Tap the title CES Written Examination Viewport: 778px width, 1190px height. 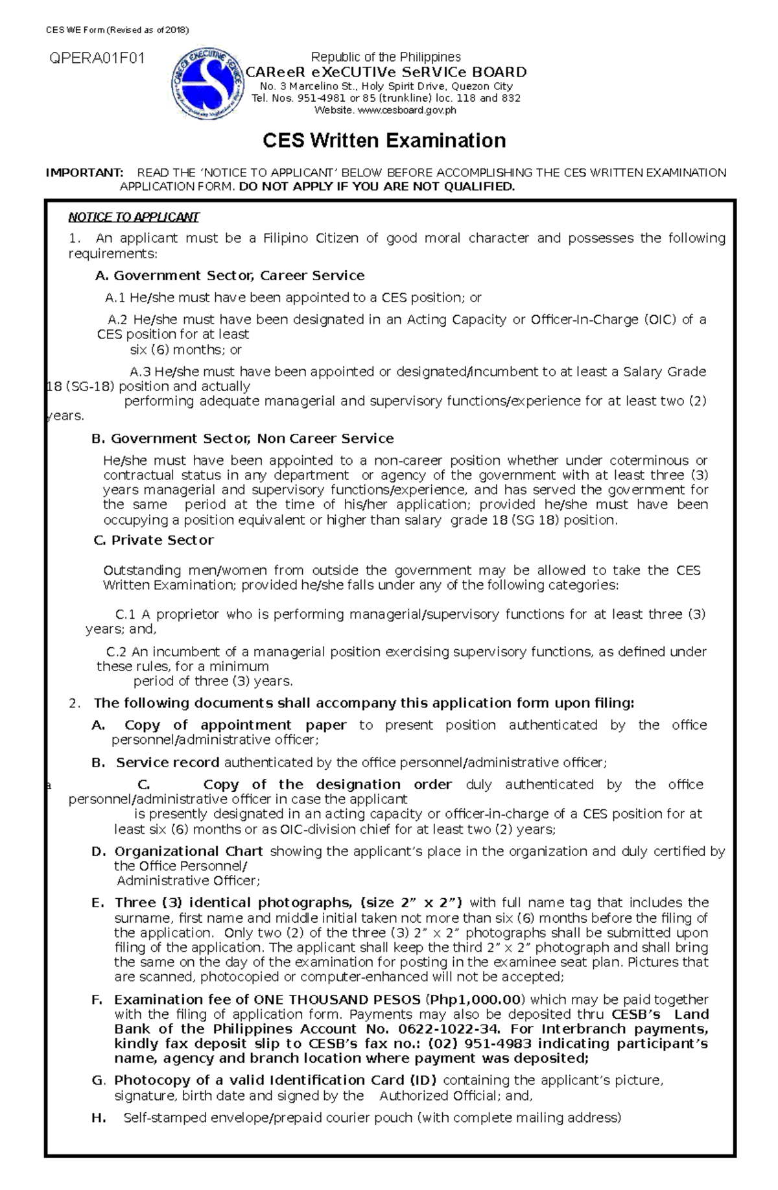tap(383, 141)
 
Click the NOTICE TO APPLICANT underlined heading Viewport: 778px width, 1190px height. tap(134, 217)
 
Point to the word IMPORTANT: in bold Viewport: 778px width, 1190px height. tap(84, 173)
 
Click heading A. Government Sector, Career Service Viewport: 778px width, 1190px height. tap(230, 276)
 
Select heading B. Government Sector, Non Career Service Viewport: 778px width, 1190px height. tap(242, 438)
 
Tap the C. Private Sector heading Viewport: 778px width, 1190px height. tap(154, 540)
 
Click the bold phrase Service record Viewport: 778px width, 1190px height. tap(167, 763)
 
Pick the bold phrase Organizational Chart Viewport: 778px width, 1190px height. tap(188, 851)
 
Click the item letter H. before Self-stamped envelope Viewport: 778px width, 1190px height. tap(99, 1118)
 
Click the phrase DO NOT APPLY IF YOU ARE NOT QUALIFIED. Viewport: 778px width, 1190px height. tap(377, 187)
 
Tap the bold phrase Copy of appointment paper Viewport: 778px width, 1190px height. tap(235, 725)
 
